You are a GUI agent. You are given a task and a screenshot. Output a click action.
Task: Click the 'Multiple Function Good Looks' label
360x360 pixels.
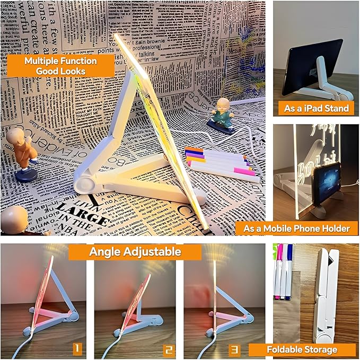(x=60, y=66)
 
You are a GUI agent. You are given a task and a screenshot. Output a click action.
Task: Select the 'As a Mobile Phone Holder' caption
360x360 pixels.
(x=296, y=228)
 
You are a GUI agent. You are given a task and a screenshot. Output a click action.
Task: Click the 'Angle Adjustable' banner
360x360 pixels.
(x=135, y=251)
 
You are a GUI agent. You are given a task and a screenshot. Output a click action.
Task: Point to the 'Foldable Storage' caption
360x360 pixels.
(x=302, y=349)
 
